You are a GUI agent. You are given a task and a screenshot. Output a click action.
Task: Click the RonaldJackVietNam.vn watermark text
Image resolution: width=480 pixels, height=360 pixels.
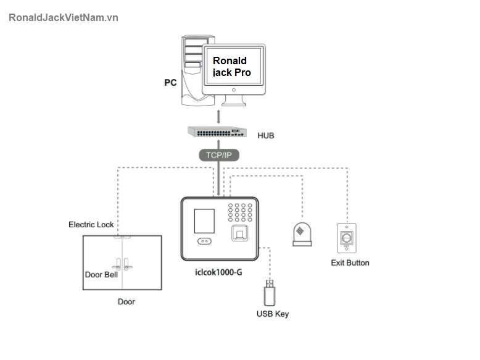pos(64,17)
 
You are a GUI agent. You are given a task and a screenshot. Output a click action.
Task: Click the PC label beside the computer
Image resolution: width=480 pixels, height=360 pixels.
pos(170,82)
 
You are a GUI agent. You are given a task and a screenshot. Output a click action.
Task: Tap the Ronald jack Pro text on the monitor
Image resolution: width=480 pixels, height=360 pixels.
pos(232,66)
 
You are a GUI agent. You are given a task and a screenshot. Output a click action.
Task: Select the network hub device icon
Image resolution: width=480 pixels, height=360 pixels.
pos(218,133)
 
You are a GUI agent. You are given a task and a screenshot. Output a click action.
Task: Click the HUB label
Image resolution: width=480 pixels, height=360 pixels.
pos(266,135)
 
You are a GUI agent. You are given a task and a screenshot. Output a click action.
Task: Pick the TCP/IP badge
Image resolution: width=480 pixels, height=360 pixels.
pos(218,155)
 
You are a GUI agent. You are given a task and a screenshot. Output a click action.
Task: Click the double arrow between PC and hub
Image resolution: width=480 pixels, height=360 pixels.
pos(218,117)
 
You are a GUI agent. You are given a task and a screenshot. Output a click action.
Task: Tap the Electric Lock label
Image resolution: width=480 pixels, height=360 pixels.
pos(91,225)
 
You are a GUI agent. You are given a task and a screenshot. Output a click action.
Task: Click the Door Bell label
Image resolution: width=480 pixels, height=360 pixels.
pos(101,275)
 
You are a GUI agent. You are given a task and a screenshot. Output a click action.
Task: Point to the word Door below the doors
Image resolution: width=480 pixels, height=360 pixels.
pos(126,302)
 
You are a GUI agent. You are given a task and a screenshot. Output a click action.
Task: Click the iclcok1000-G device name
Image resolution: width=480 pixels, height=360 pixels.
pos(218,272)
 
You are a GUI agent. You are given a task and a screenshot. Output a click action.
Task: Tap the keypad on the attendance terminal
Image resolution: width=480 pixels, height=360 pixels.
pos(241,212)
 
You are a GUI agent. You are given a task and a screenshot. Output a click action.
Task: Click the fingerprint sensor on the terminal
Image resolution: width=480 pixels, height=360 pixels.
pos(241,235)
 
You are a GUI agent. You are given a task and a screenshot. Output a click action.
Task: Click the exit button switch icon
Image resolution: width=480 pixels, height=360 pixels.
pos(347,238)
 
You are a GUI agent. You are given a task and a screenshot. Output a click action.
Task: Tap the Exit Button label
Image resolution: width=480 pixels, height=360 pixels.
pos(350,263)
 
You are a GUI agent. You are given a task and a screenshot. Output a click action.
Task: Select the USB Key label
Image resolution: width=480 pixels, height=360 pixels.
pos(272,314)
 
